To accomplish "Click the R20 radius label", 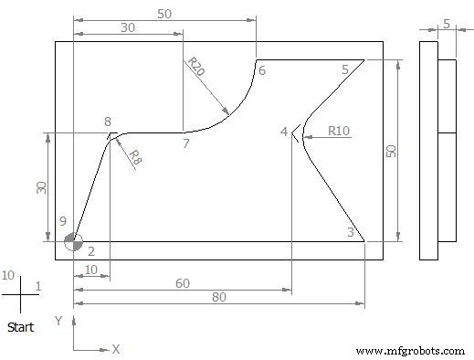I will [195, 65].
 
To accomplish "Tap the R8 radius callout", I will [134, 157].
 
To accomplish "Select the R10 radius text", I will [339, 132].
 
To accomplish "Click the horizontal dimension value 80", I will [218, 298].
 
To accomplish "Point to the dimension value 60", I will [183, 283].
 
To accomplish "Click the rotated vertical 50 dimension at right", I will [390, 150].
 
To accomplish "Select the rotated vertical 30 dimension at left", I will [40, 186].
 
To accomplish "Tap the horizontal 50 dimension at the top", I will [164, 14].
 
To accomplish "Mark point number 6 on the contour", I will [261, 70].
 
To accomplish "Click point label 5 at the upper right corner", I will [345, 69].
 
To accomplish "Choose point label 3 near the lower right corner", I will [350, 233].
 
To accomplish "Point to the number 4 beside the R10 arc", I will [284, 132].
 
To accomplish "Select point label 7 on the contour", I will [185, 144].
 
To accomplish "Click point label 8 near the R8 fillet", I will [108, 122].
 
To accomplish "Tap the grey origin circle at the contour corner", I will [73, 241].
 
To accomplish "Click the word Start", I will [21, 326].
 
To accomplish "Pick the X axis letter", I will [116, 348].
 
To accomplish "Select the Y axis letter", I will [58, 321].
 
